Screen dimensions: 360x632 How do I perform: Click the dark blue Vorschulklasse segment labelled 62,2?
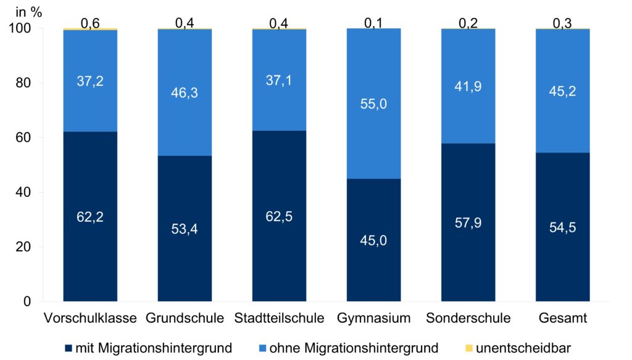90,216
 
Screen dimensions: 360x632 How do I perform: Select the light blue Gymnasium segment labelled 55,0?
373,103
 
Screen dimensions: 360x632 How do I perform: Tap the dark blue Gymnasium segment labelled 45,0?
373,240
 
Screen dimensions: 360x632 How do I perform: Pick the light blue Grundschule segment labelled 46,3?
185,93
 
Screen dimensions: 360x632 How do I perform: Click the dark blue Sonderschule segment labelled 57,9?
468,222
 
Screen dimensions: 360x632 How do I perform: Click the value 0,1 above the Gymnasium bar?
373,22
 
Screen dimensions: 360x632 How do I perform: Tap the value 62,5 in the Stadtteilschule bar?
279,217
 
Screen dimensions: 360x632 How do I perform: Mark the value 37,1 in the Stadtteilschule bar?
279,80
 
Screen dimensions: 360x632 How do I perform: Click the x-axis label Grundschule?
185,319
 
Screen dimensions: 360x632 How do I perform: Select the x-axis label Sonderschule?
468,319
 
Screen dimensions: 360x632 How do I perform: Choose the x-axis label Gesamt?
562,319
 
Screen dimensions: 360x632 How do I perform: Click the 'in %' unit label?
28,11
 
